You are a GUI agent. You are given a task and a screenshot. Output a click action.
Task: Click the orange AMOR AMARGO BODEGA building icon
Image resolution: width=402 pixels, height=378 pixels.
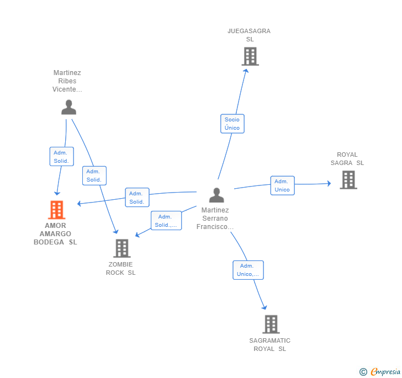click(56, 210)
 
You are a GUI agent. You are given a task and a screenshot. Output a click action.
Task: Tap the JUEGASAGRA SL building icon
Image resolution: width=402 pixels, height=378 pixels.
click(250, 56)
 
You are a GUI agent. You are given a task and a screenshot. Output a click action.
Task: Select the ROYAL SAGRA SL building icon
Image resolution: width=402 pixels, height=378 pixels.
click(348, 180)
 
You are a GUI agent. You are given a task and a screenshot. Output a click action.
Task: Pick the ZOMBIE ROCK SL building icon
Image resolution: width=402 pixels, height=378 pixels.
click(121, 248)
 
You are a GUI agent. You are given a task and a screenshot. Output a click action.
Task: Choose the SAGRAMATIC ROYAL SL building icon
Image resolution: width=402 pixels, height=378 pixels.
click(271, 324)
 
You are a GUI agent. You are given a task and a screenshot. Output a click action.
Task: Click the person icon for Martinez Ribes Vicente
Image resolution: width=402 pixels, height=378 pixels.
click(68, 107)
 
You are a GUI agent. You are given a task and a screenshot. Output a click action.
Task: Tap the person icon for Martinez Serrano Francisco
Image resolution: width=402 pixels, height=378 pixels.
click(216, 195)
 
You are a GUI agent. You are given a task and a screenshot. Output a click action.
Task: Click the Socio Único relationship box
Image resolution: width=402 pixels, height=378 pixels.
click(232, 124)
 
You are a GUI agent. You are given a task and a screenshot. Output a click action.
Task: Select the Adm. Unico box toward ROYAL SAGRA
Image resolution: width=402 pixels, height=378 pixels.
click(282, 185)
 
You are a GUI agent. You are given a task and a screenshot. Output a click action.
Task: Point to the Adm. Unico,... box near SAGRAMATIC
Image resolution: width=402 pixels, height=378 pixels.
click(248, 270)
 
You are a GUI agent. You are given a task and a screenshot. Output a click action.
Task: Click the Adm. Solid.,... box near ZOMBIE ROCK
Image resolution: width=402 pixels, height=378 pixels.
click(166, 221)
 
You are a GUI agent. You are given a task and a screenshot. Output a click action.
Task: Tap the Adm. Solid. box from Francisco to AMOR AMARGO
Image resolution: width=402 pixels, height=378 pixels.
click(137, 198)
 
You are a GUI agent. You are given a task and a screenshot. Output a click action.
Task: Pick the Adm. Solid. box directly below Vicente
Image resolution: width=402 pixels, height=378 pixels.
click(61, 157)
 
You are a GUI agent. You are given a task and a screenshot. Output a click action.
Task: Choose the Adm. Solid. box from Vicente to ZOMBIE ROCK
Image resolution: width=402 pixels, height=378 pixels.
click(94, 175)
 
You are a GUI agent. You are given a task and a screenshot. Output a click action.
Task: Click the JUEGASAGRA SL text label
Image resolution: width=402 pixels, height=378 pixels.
click(249, 35)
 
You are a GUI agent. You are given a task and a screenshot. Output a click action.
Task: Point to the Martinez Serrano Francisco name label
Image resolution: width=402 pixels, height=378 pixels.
click(215, 219)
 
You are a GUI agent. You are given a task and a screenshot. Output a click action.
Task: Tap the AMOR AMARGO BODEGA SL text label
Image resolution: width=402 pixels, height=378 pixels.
click(55, 234)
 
